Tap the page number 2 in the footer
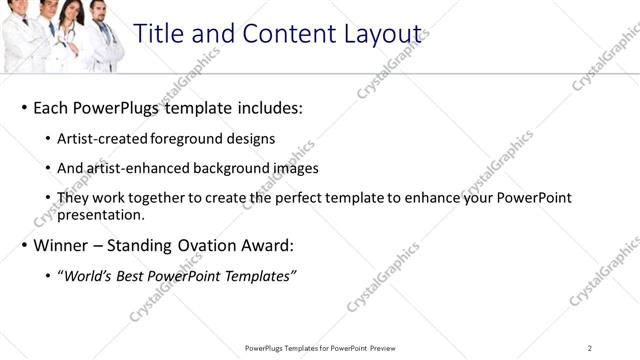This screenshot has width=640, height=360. click(590, 348)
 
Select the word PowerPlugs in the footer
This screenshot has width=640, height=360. click(266, 348)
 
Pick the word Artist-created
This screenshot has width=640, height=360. click(99, 138)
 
